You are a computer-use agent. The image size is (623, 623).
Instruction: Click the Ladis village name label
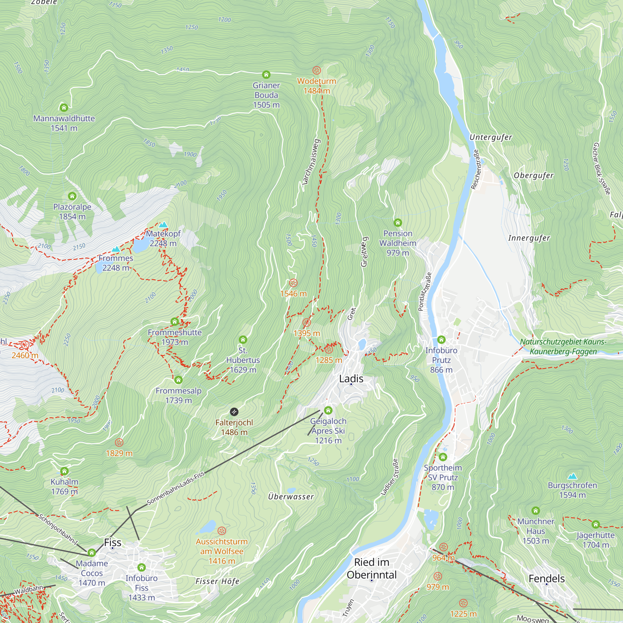(x=351, y=378)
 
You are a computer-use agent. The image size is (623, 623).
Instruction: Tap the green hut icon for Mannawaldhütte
(x=64, y=107)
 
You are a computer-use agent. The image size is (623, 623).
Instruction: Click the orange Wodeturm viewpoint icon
(x=317, y=70)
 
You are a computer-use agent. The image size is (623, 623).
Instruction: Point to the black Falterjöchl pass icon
(x=234, y=412)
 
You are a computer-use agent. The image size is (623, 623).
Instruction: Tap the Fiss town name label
(x=112, y=542)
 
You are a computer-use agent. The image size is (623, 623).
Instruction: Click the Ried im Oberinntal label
(x=372, y=568)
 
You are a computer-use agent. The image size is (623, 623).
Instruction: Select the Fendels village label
(x=547, y=578)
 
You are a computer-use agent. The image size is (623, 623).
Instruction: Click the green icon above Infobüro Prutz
(x=441, y=340)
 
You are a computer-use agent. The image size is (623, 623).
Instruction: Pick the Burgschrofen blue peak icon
(x=572, y=476)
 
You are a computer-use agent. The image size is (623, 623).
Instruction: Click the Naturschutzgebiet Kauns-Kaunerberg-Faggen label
(x=563, y=347)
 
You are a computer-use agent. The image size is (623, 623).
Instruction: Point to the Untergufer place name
(x=491, y=137)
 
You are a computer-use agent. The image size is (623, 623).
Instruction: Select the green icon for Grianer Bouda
(x=266, y=75)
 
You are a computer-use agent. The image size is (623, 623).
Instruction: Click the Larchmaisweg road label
(x=311, y=162)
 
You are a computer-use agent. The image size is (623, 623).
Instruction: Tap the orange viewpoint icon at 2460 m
(x=25, y=345)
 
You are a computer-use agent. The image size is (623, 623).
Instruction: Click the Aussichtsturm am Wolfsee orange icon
(x=221, y=531)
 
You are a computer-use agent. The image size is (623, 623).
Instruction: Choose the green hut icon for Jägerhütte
(x=596, y=524)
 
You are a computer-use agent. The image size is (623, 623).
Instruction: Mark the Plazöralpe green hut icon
(x=72, y=196)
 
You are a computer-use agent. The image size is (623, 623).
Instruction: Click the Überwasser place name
(x=291, y=497)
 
